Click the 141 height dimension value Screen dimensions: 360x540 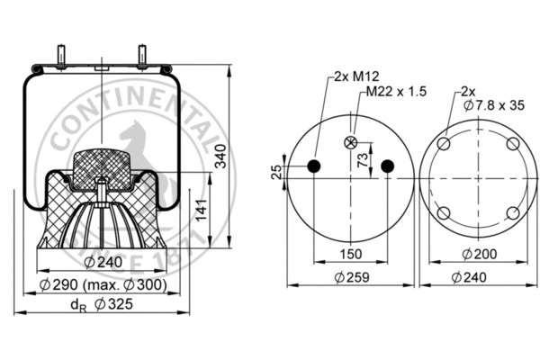(x=204, y=211)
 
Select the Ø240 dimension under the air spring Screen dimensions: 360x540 (x=102, y=263)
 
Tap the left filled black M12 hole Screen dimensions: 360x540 (x=315, y=166)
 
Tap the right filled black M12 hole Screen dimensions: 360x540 (x=388, y=166)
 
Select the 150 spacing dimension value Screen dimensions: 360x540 (x=351, y=255)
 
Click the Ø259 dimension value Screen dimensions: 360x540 (x=351, y=277)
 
